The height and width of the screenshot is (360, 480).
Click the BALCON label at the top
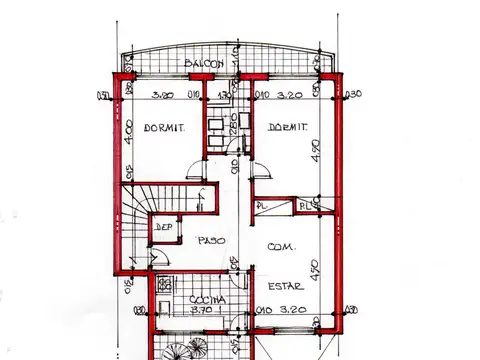205,66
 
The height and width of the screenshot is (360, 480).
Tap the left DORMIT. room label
162,128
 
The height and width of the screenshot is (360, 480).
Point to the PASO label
211,241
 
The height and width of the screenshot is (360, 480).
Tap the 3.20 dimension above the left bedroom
164,95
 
